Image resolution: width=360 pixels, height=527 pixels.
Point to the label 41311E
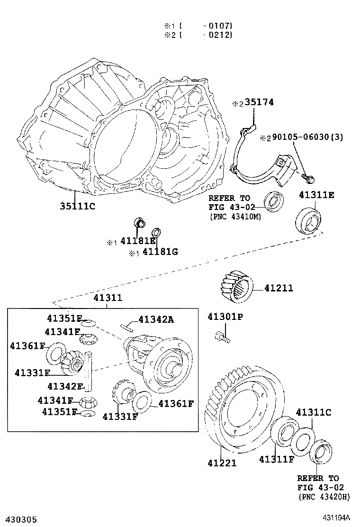tap(316, 195)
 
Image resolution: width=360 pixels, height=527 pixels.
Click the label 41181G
tap(160, 252)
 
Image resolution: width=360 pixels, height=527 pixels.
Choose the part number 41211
tap(279, 288)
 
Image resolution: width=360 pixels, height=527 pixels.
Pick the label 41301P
tap(225, 317)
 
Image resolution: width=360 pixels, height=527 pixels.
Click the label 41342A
tap(156, 319)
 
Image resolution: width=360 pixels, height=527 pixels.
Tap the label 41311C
tap(314, 412)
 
